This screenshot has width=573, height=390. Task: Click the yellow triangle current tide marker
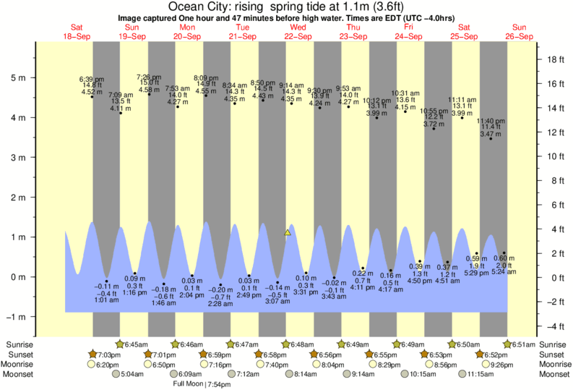pyautogui.click(x=288, y=233)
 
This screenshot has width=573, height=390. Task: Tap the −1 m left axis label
pyautogui.click(x=16, y=317)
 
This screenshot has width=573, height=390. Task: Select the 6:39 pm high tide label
pyautogui.click(x=91, y=78)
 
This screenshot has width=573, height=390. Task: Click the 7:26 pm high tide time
pyautogui.click(x=149, y=77)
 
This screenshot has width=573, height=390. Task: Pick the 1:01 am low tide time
pyautogui.click(x=106, y=300)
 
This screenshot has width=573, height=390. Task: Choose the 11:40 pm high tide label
pyautogui.click(x=491, y=121)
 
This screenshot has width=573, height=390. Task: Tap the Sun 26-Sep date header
pyautogui.click(x=519, y=32)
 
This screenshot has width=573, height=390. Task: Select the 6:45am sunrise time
pyautogui.click(x=137, y=344)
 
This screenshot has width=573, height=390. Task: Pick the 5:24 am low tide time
pyautogui.click(x=504, y=272)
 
